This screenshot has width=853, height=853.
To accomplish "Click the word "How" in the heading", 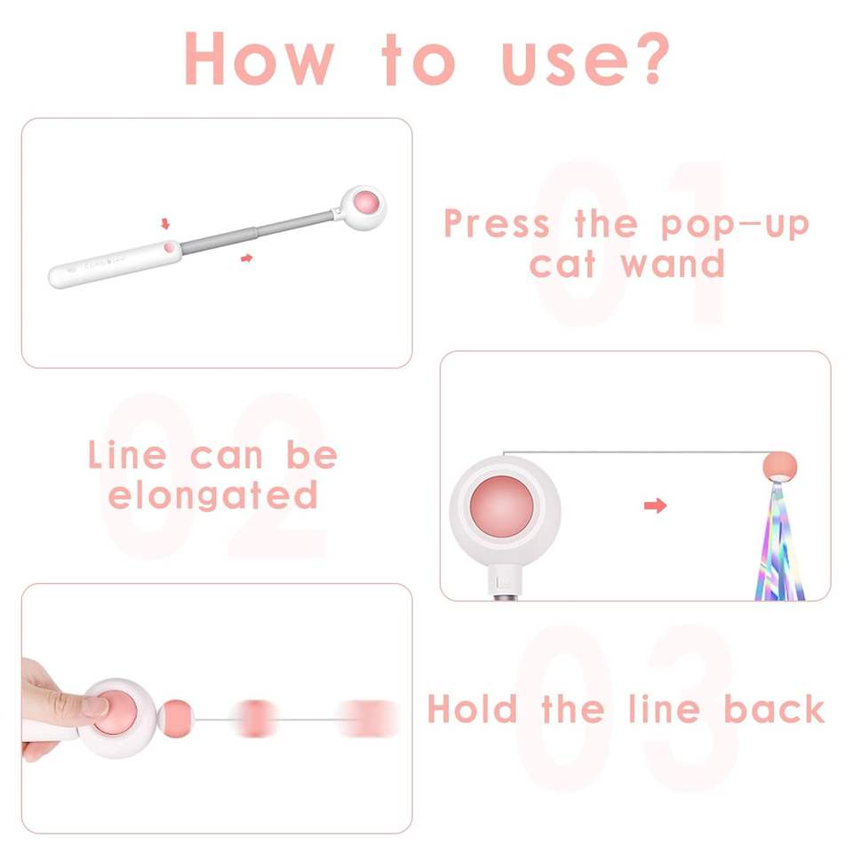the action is click(x=259, y=59).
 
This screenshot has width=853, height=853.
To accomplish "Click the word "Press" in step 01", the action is click(x=497, y=223).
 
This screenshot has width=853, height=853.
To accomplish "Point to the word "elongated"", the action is click(x=212, y=495).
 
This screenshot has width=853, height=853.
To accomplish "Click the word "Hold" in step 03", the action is click(x=472, y=709).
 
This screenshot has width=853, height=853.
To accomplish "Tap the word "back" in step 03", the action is click(x=774, y=709).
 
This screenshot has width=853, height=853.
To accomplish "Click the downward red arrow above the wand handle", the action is click(x=165, y=224).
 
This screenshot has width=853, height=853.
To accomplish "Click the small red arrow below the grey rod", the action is click(x=246, y=258).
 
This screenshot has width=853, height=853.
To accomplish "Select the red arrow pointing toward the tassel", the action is click(x=655, y=506).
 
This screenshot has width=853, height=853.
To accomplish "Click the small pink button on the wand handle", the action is click(x=170, y=248).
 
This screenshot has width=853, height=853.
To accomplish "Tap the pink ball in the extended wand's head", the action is click(x=366, y=203).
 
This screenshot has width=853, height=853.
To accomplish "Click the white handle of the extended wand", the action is click(x=116, y=264).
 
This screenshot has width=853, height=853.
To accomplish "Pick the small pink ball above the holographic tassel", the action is click(x=779, y=465).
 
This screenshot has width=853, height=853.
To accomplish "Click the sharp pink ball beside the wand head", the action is click(x=178, y=719).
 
